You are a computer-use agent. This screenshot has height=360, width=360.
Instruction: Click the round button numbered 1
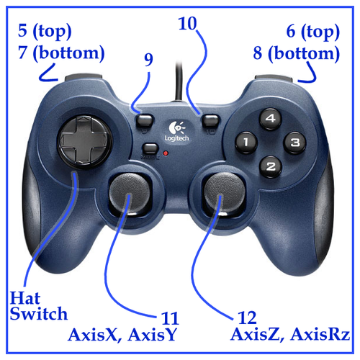[246, 143]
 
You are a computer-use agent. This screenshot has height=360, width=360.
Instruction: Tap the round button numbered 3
[294, 143]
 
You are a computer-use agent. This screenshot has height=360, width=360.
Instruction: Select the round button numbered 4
[271, 118]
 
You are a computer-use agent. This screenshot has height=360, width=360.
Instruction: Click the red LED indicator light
[166, 153]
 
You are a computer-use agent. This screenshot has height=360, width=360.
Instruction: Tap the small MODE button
[150, 148]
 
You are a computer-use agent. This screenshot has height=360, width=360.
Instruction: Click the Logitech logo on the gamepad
[177, 131]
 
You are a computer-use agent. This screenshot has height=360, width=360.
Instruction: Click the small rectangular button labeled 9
[145, 120]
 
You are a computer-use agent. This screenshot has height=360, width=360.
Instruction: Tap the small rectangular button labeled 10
[211, 120]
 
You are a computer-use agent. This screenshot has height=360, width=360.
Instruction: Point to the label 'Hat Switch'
[38, 305]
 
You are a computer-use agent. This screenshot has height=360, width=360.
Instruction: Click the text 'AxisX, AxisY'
[122, 334]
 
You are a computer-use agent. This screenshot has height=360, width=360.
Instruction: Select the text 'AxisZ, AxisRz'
[290, 333]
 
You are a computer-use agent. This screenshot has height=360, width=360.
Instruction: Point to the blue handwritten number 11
[170, 318]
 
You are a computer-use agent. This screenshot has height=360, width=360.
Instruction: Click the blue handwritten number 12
[247, 318]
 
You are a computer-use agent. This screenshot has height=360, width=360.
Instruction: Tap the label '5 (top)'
[45, 32]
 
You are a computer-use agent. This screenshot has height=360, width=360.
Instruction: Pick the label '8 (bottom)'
[297, 53]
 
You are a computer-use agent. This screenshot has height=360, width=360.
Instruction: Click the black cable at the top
[179, 81]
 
